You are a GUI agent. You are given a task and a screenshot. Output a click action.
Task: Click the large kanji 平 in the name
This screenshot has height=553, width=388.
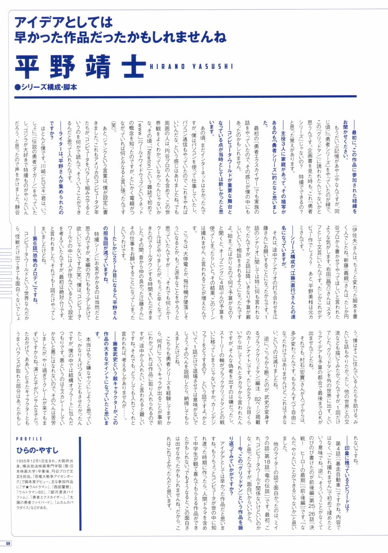(x=29, y=66)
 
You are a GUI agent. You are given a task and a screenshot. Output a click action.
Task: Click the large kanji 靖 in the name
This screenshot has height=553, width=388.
(x=98, y=66)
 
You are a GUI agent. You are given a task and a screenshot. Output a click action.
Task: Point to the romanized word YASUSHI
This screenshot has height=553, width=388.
(x=212, y=67)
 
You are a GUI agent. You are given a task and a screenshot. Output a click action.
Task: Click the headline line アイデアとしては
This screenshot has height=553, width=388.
(x=64, y=22)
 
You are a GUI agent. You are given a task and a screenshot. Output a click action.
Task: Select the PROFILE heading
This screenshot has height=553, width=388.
(x=29, y=439)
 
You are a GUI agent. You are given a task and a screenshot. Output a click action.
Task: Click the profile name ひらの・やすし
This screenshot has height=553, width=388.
(x=37, y=450)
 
